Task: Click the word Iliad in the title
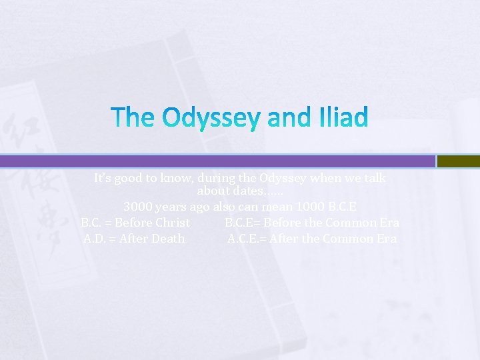coord(341,119)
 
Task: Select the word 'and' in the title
coord(287,119)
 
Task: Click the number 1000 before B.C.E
coord(312,207)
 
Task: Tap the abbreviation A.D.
coord(95,238)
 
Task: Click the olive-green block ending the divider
coord(458,161)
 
